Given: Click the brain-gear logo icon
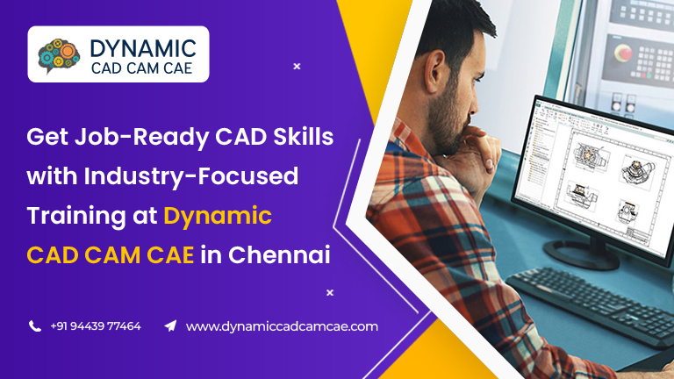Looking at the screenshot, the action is [x=59, y=56].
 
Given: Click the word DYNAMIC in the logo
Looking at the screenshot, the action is [x=143, y=48].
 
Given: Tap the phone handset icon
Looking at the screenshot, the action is [x=35, y=326].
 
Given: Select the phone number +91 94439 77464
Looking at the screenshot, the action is [x=96, y=326].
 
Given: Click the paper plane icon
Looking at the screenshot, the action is [x=170, y=325].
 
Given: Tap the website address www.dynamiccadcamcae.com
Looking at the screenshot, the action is [x=282, y=326].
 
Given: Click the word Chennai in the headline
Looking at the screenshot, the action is [x=279, y=254].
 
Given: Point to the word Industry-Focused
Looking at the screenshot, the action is [x=190, y=176].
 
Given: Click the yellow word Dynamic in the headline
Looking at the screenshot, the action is [x=218, y=216].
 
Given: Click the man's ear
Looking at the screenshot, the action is [x=435, y=71].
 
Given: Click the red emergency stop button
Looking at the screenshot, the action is [x=623, y=53].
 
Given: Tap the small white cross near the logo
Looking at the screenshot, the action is [x=297, y=66].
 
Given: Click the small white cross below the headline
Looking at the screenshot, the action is [x=330, y=293].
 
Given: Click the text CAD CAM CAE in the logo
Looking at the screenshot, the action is [x=142, y=68].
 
